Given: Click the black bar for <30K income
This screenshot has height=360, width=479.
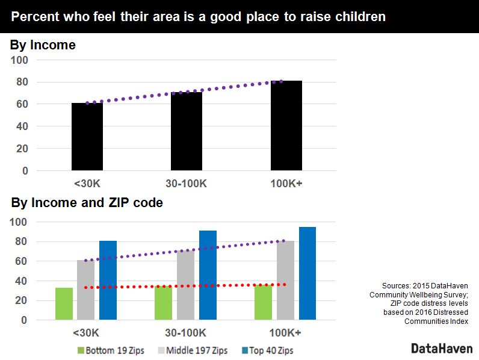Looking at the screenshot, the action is [x=87, y=137].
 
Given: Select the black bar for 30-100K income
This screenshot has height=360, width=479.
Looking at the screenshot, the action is [x=187, y=131].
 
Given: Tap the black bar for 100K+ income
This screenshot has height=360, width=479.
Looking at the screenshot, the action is [x=286, y=126].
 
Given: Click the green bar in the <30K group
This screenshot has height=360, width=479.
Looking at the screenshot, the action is [x=64, y=304].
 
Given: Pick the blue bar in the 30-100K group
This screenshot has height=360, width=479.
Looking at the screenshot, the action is [x=208, y=275].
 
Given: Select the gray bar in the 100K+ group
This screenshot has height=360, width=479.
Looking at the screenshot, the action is [x=285, y=281].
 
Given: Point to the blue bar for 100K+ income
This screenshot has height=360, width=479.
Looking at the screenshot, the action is [x=307, y=273].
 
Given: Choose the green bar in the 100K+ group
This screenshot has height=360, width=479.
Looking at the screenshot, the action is [x=263, y=302].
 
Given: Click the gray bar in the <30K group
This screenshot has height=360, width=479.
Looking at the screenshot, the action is [x=86, y=290].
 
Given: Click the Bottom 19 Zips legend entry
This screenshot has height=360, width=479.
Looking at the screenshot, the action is [x=111, y=350].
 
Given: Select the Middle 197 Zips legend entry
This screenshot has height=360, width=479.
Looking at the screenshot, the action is [x=193, y=350].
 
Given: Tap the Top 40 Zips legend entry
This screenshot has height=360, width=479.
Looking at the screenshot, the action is [x=268, y=350].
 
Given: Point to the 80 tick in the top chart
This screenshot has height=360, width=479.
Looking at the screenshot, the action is [x=22, y=82].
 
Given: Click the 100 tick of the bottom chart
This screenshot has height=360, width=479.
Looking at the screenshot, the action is [x=19, y=222].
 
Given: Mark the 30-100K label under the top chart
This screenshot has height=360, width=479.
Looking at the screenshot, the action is [x=186, y=184].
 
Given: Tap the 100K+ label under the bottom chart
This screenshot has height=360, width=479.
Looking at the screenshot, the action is [x=285, y=332].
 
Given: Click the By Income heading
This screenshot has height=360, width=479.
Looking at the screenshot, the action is [x=43, y=45].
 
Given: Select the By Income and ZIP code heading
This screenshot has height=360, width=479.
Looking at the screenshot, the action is [x=87, y=203].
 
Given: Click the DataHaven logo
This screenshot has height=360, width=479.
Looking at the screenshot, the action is [x=442, y=349].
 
